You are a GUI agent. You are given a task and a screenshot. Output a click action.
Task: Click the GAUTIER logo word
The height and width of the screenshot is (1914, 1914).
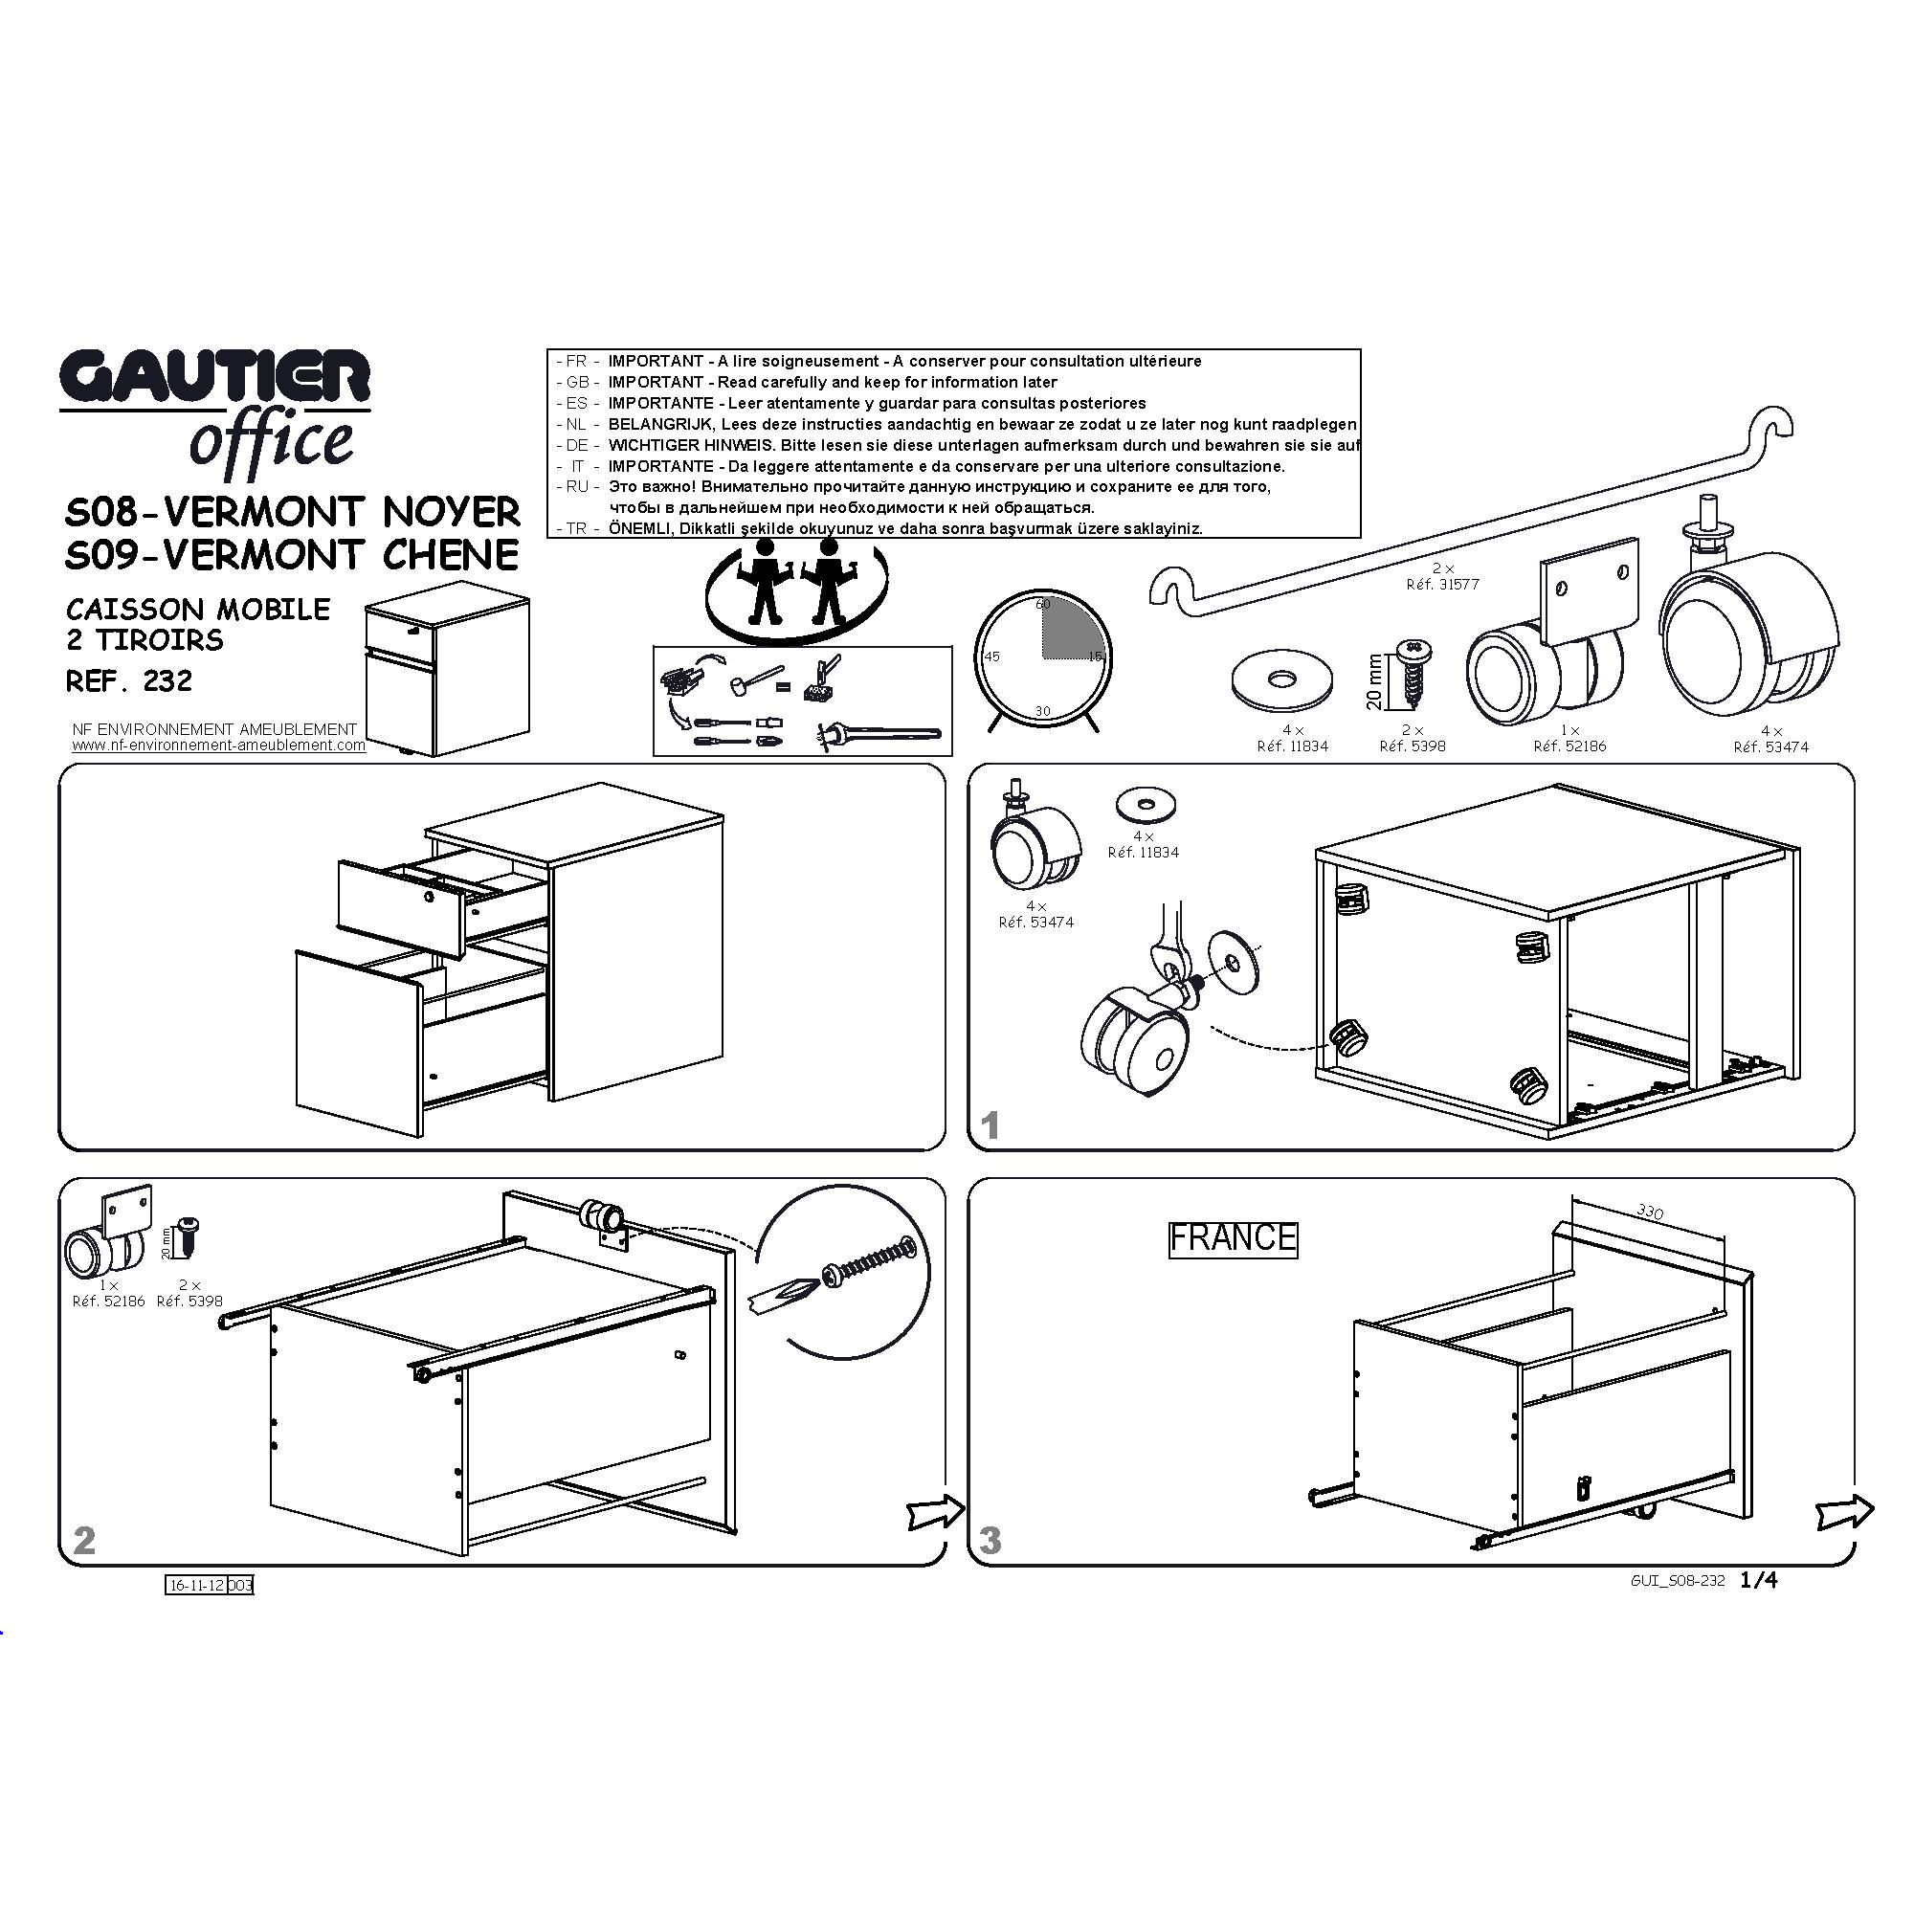click(x=215, y=378)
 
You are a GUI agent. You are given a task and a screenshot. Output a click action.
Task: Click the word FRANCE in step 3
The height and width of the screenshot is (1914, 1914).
click(x=1233, y=1238)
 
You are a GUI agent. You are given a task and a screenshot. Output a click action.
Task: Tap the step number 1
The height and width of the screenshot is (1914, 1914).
click(x=990, y=1125)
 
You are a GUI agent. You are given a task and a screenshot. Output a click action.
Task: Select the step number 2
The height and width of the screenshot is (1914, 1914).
click(x=84, y=1540)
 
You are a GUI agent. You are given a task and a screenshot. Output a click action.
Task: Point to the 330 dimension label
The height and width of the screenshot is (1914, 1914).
click(x=1650, y=1212)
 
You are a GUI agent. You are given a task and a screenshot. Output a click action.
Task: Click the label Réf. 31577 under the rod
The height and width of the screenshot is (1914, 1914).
click(x=1442, y=585)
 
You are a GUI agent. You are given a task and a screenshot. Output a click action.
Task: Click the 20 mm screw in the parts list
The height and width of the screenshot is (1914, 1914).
click(x=1412, y=674)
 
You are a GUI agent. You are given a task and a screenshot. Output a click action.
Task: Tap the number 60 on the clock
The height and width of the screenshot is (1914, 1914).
click(x=1042, y=604)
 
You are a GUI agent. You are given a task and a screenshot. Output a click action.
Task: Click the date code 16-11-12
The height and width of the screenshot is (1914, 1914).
click(x=196, y=1585)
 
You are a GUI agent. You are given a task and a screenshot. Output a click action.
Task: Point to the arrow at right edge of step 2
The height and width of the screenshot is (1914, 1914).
click(x=935, y=1512)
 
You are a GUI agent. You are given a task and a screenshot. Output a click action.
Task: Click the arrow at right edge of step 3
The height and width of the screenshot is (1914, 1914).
click(x=1845, y=1512)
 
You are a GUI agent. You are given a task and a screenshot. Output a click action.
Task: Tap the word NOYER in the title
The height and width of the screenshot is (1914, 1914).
click(x=451, y=512)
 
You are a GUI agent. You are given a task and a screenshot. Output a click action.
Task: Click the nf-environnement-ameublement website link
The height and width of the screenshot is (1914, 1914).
click(x=218, y=745)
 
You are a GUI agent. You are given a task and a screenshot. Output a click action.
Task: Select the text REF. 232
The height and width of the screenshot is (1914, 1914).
click(x=129, y=681)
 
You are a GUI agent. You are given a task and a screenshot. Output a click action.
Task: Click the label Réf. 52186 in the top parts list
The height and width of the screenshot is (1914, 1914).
click(x=1569, y=746)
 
